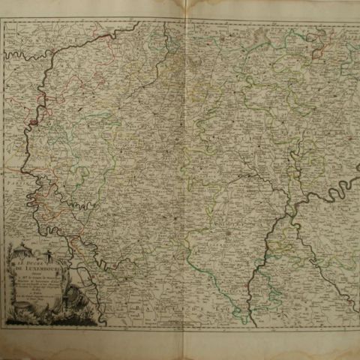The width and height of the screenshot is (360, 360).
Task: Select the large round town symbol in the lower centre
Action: pos(226,235)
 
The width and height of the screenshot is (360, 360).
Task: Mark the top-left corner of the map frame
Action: pos(3,20)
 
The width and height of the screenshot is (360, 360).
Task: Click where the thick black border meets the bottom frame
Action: pos(247,324)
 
